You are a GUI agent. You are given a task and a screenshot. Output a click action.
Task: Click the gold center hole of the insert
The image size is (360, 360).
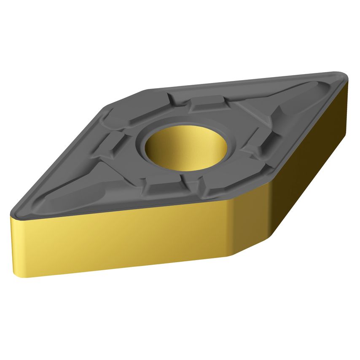click(185, 148)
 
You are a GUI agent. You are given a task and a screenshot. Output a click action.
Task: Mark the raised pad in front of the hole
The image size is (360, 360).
click(162, 185)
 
